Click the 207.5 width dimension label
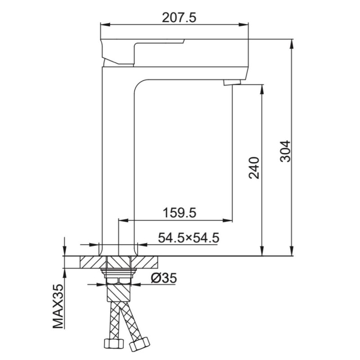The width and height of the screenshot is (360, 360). (x=179, y=18)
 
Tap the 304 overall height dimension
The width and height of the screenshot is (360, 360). (x=285, y=151)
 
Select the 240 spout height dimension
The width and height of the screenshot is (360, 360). (x=254, y=168)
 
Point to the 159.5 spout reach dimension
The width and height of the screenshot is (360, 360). (x=179, y=212)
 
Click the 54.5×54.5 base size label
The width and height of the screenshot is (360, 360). (x=189, y=238)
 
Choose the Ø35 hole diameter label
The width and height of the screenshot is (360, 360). (x=164, y=278)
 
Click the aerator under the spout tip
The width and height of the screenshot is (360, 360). (x=232, y=82)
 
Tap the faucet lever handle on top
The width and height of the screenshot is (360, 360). (x=142, y=52)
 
